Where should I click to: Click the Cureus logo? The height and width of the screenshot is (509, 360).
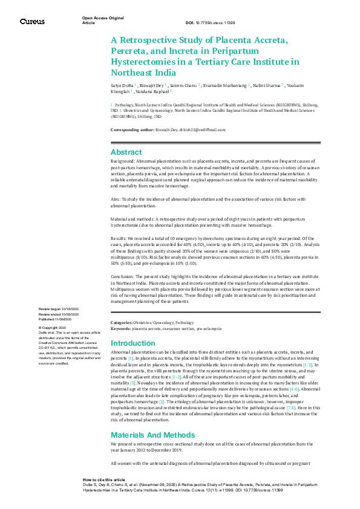click(x=32, y=21)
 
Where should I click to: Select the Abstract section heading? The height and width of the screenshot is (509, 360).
click(x=126, y=152)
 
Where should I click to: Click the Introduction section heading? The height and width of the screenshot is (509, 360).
click(x=133, y=343)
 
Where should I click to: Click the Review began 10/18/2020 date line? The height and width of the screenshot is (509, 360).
click(x=59, y=310)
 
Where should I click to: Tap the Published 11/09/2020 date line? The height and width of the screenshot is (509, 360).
click(x=58, y=319)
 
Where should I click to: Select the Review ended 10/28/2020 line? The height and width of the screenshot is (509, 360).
click(x=59, y=314)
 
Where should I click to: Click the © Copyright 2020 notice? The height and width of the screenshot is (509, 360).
click(x=53, y=327)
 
